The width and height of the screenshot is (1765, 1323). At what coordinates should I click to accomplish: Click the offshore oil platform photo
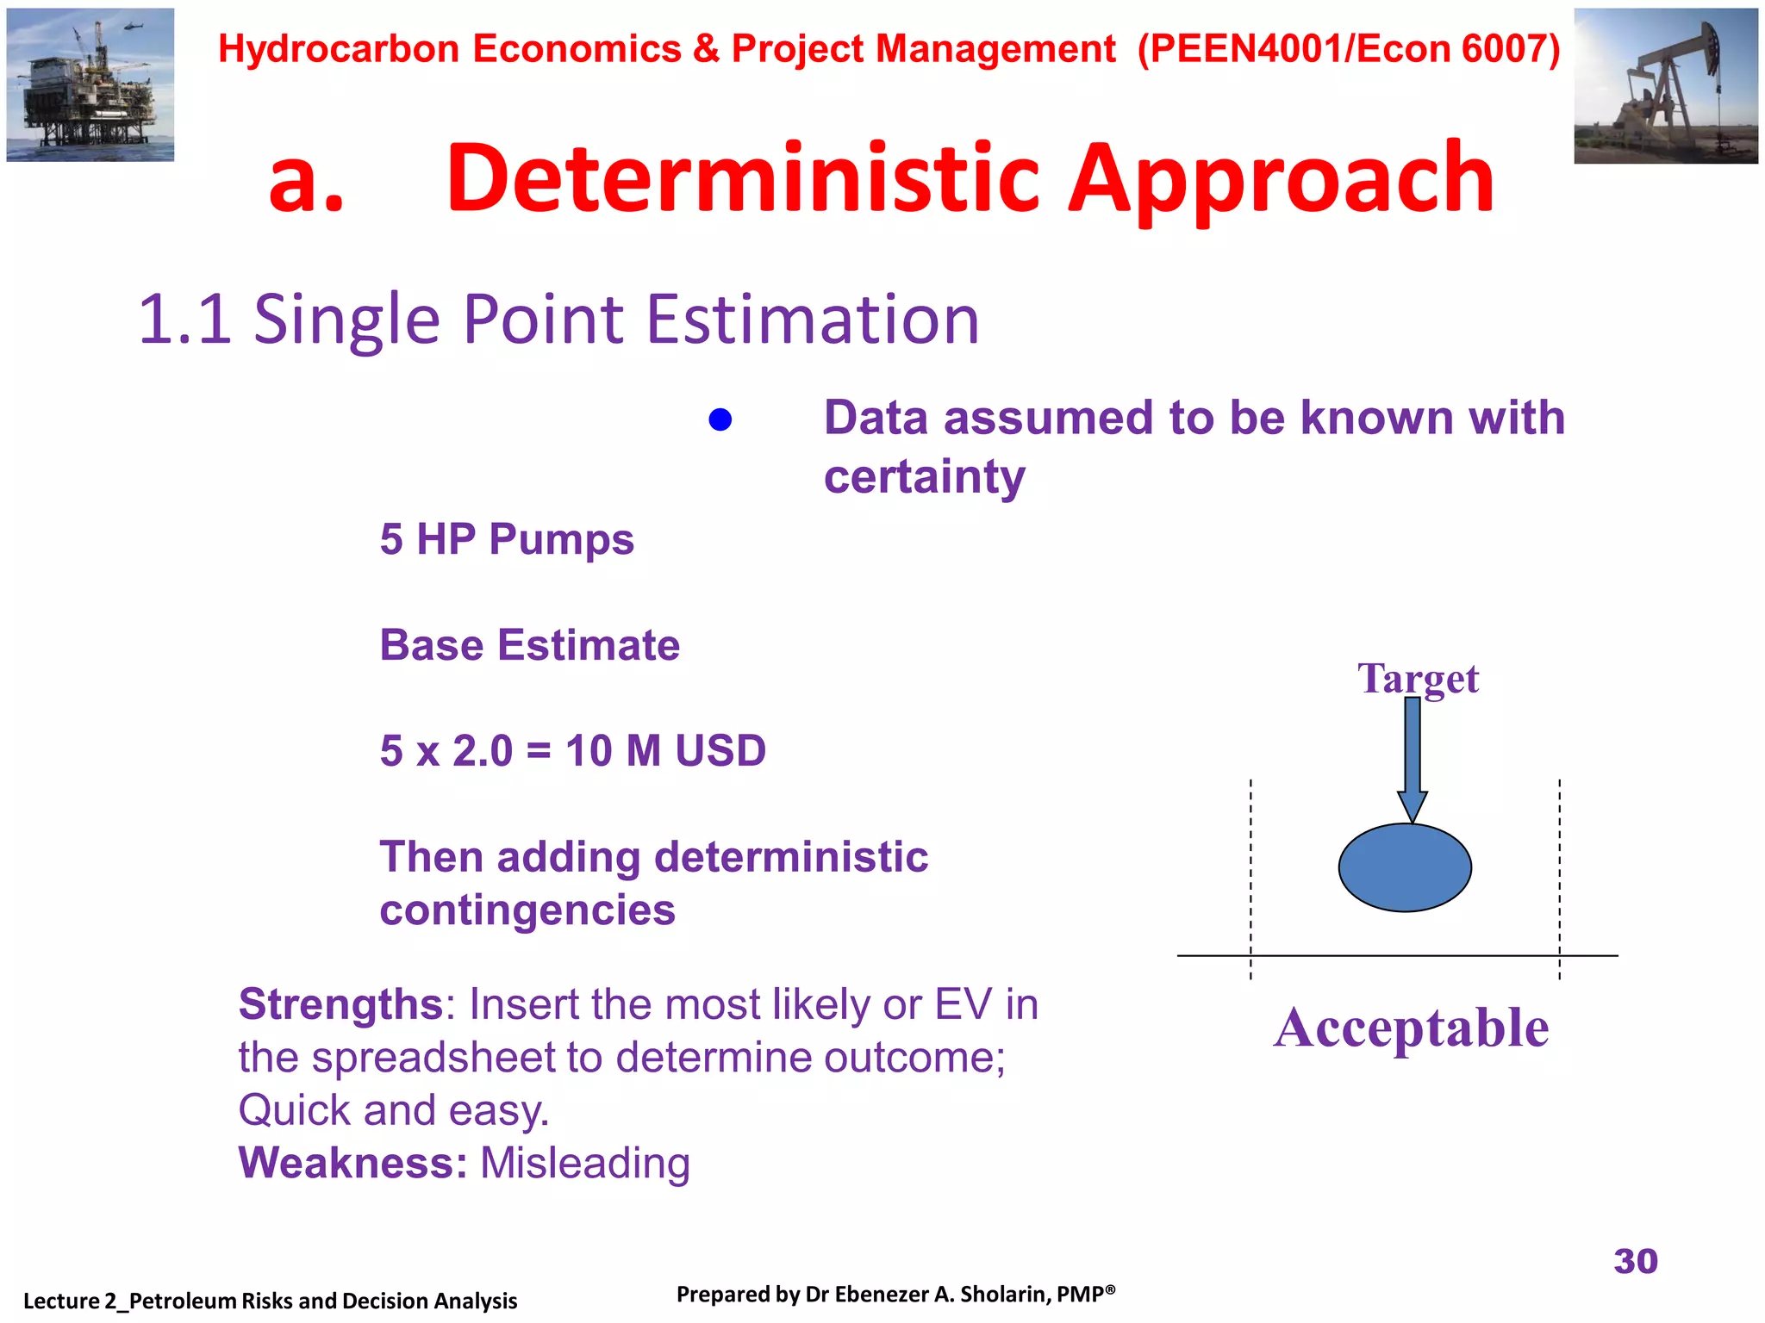(90, 86)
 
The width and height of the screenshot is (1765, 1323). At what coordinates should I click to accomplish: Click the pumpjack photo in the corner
(1665, 86)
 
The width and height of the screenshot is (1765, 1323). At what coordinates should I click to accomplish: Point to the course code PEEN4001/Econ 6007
(1349, 49)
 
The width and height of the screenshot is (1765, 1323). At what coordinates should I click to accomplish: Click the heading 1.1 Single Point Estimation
(558, 320)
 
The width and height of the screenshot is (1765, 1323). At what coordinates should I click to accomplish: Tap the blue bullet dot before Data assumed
(720, 419)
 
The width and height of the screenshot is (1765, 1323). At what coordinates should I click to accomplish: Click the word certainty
(925, 476)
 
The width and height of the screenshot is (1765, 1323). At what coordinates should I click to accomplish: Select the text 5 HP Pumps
(507, 540)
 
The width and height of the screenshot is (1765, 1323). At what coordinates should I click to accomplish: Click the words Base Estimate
(529, 645)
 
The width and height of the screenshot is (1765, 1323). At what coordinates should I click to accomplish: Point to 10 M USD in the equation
(665, 750)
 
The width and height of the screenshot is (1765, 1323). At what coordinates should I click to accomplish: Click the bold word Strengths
(340, 1004)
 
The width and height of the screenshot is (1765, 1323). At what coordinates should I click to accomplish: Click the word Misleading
(585, 1163)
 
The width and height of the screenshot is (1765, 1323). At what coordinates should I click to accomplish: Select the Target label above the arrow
(1418, 679)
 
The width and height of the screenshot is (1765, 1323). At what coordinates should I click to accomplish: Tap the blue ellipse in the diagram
(1405, 867)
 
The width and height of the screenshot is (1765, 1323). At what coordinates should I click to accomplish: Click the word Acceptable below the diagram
(1411, 1028)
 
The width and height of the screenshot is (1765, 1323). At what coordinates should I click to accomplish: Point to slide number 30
(1635, 1261)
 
